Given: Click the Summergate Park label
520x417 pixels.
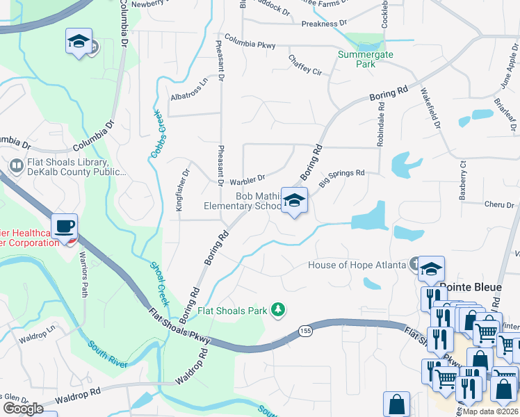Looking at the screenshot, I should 365,59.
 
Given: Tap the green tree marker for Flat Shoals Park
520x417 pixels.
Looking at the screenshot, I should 279,309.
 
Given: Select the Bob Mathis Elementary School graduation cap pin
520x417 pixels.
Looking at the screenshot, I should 295,200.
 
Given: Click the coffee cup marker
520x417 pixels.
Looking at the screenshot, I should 65,226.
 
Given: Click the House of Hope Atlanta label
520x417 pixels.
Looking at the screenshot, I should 357,265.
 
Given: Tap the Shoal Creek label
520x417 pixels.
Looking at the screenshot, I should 160,280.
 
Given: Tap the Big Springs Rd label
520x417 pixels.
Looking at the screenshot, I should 342,177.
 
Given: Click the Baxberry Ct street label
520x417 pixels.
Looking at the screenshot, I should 462,181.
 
